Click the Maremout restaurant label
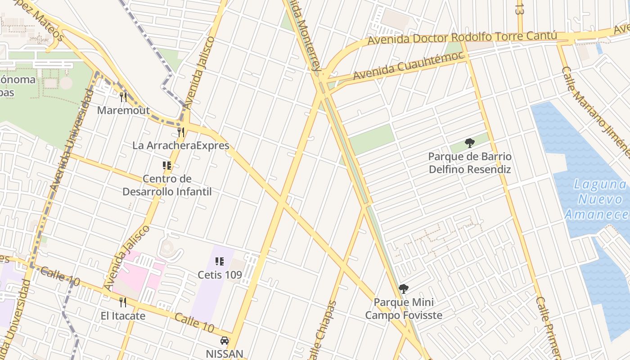point(123,110)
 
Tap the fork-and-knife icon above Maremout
point(123,97)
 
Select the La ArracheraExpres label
point(181,145)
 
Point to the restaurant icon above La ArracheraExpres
point(181,132)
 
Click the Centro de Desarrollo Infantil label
point(167,185)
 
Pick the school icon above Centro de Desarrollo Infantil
point(167,166)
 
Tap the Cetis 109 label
point(220,274)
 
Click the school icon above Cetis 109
point(220,261)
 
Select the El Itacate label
point(123,316)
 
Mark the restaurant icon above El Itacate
point(122,302)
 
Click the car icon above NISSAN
point(224,341)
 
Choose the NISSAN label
point(224,354)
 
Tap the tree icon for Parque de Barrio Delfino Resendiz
point(469,144)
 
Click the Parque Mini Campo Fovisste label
point(404,308)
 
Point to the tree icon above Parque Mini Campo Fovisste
point(404,289)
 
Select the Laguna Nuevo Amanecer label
point(596,199)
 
